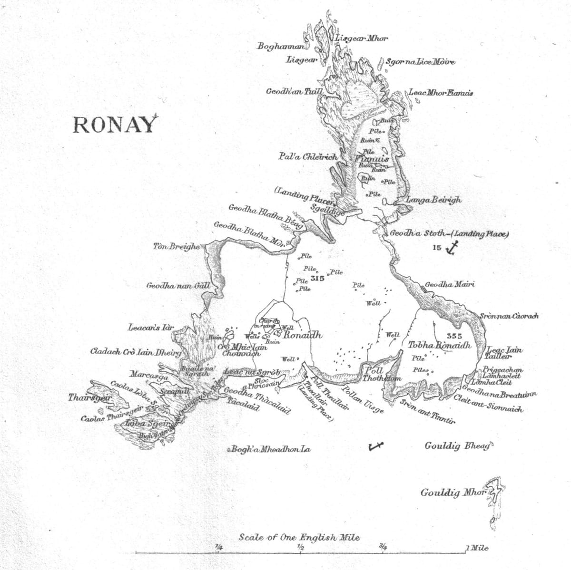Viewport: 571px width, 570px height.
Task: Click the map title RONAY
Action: pyautogui.click(x=114, y=125)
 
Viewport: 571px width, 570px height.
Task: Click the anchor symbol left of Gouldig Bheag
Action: pyautogui.click(x=375, y=446)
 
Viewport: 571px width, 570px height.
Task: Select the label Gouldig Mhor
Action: pyautogui.click(x=452, y=492)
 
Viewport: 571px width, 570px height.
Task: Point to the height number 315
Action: pyautogui.click(x=316, y=278)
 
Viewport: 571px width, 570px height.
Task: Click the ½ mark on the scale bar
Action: pyautogui.click(x=301, y=547)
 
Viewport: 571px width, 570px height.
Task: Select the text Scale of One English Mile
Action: pyautogui.click(x=299, y=538)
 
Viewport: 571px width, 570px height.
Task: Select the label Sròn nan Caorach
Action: pyautogui.click(x=508, y=316)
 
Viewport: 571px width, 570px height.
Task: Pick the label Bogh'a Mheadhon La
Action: pyautogui.click(x=271, y=449)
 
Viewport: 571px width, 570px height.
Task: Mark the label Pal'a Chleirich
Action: pyautogui.click(x=308, y=156)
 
